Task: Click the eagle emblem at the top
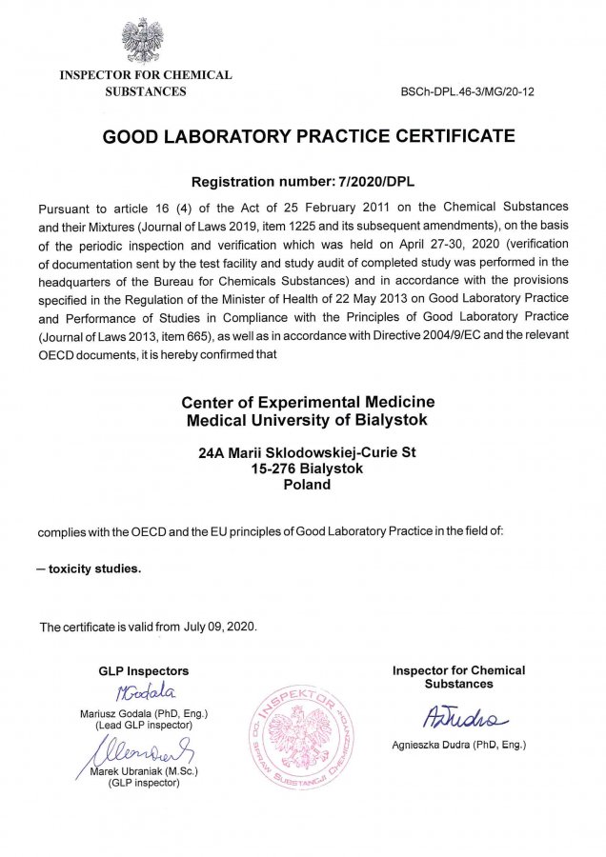point(142,40)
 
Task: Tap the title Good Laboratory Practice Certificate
point(308,136)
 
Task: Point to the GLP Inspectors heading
point(144,670)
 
